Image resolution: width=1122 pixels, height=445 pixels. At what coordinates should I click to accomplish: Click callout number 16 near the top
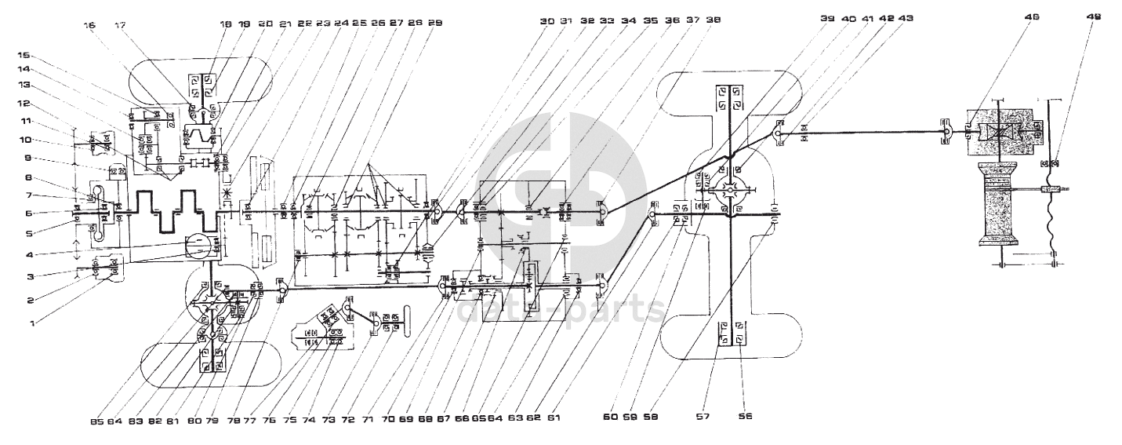(x=89, y=25)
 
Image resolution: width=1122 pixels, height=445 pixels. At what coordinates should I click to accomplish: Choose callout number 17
(x=120, y=25)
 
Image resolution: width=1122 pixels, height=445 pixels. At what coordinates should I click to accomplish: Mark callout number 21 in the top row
(x=284, y=24)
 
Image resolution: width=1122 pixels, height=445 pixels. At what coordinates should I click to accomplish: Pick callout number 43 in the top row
(x=907, y=17)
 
